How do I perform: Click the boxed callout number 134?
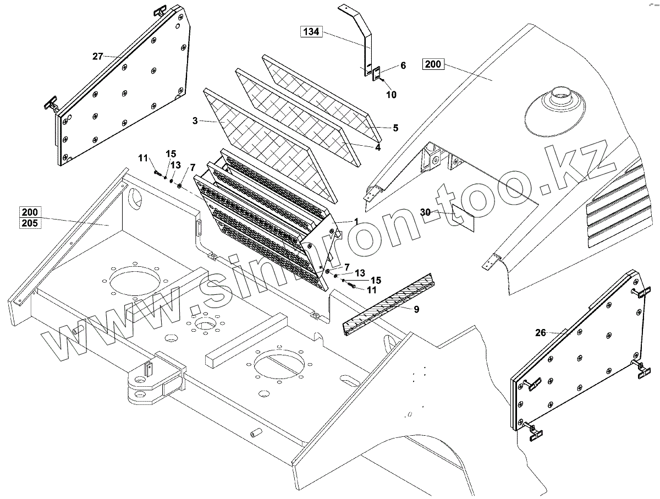[x=311, y=31]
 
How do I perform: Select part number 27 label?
[x=98, y=56]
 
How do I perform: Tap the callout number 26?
[x=541, y=332]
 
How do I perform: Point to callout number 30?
[x=425, y=212]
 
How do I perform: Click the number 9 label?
[x=416, y=309]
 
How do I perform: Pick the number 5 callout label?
[x=395, y=128]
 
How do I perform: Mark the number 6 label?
[x=403, y=65]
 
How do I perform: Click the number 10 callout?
[x=391, y=95]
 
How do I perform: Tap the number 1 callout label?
[x=356, y=221]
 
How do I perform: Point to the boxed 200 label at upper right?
[x=433, y=64]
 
